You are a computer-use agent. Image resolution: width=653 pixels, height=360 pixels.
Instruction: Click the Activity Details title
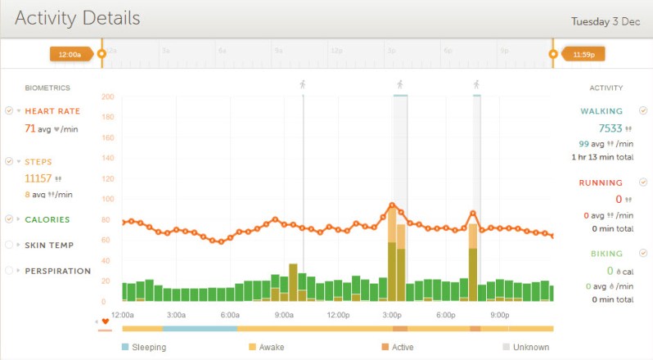coord(77,18)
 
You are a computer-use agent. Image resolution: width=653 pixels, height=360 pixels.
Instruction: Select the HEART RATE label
coord(52,111)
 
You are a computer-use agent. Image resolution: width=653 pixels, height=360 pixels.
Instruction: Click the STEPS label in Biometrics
coord(40,162)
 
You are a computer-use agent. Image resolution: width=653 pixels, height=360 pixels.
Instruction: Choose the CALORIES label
coord(47,219)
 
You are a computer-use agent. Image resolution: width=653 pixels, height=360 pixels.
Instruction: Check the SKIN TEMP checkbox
coord(9,245)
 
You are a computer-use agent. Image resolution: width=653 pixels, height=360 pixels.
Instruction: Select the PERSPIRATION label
coord(57,271)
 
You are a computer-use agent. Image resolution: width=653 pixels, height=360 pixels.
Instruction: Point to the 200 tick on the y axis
coord(108,97)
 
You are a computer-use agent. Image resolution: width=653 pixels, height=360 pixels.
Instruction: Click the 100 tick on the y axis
coord(108,199)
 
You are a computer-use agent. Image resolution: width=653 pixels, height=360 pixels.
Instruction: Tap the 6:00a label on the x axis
coord(230,315)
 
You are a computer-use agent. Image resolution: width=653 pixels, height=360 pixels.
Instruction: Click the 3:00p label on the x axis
coord(392,315)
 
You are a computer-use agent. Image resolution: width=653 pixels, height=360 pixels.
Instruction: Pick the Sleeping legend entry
coord(148,347)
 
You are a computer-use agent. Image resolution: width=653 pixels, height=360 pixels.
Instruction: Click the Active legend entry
coord(402,347)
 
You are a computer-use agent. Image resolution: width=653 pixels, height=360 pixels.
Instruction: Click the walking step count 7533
coord(610,128)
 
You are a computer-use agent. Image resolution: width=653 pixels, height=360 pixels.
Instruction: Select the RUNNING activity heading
coord(601,182)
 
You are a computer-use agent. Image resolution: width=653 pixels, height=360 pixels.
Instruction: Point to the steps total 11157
coord(38,178)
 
